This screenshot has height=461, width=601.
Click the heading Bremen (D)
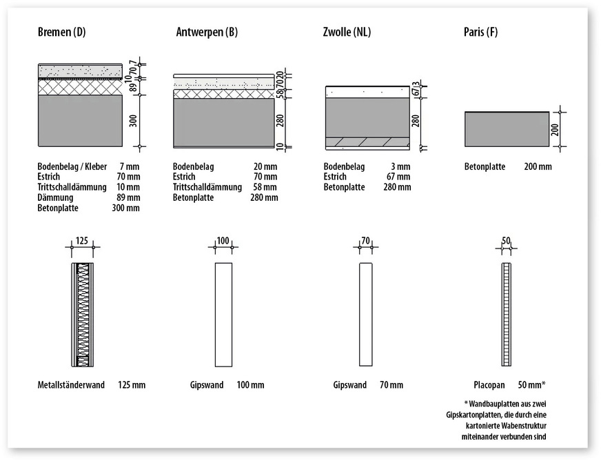pyautogui.click(x=61, y=32)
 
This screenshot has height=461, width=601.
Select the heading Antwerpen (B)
pyautogui.click(x=207, y=32)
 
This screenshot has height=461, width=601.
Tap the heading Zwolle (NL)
pyautogui.click(x=347, y=32)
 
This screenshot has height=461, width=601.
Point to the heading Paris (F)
pyautogui.click(x=481, y=32)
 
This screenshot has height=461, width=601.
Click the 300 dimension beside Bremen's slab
pyautogui.click(x=133, y=121)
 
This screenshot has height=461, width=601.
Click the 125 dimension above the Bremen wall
pyautogui.click(x=83, y=241)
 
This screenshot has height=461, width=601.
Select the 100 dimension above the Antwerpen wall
pyautogui.click(x=223, y=241)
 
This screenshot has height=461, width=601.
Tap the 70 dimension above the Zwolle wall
pyautogui.click(x=365, y=241)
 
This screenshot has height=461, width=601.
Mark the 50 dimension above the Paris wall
pyautogui.click(x=507, y=241)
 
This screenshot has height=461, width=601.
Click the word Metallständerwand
pyautogui.click(x=71, y=384)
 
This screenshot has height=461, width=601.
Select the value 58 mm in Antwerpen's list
pyautogui.click(x=265, y=187)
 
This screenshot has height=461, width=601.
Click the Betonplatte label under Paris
pyautogui.click(x=485, y=166)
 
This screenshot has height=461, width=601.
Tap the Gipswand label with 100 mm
pyautogui.click(x=207, y=384)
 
